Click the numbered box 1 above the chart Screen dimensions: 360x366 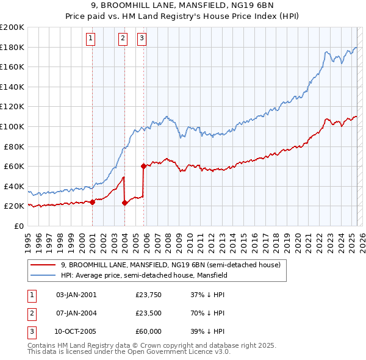coord(90,38)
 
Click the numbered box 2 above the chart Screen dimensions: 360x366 coord(123,38)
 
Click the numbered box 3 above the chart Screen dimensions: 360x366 coord(142,38)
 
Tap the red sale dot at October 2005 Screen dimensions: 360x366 coord(143,166)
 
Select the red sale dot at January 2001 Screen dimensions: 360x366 coord(92,202)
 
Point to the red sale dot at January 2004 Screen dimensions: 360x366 coord(124,203)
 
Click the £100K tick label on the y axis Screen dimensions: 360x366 coord(12,126)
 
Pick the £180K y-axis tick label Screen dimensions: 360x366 coord(12,47)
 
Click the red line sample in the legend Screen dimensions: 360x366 coord(43,265)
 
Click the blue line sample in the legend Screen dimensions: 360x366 coord(43,275)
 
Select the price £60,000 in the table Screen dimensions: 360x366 coord(149,332)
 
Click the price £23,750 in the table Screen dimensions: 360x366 coord(149,295)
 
